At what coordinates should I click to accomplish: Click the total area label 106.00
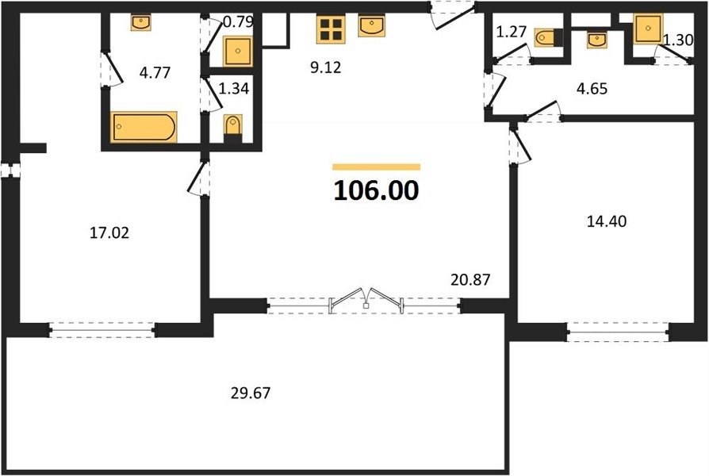tap(376, 190)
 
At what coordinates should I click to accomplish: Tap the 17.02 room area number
tap(109, 233)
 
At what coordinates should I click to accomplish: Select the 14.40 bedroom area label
tap(607, 221)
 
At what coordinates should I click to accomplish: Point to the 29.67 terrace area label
tap(251, 393)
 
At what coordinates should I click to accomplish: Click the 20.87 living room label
tap(470, 279)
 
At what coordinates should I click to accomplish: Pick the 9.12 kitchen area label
tap(326, 67)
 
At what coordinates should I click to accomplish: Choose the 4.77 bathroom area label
tap(155, 72)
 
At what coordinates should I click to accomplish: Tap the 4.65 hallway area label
tap(592, 89)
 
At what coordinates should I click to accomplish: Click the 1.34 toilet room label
tap(234, 89)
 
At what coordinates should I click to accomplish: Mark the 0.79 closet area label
tap(238, 21)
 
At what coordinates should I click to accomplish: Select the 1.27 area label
tap(512, 32)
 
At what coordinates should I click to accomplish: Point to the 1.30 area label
tap(678, 40)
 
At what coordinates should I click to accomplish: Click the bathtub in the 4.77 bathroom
tap(144, 127)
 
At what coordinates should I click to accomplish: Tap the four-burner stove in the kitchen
tap(331, 29)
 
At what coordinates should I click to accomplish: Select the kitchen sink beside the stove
tap(372, 26)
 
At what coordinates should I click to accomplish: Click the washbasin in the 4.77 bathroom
tap(141, 22)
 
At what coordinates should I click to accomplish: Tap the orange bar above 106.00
tap(376, 167)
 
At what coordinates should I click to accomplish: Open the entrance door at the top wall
tap(453, 17)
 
